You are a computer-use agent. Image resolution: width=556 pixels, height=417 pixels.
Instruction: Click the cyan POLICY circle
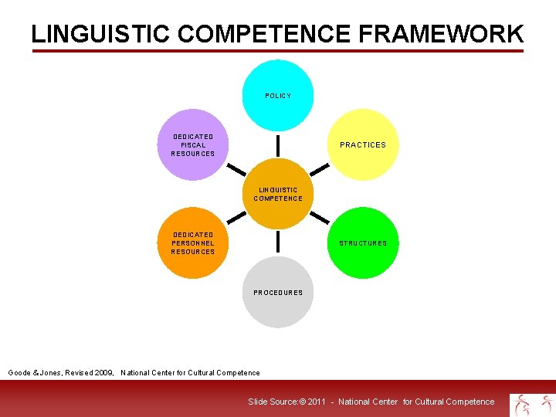278,96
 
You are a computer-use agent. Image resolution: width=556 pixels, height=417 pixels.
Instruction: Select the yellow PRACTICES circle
363,144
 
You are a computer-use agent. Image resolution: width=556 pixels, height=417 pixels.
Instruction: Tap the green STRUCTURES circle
363,243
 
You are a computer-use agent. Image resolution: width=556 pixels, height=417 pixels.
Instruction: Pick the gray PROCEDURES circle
278,293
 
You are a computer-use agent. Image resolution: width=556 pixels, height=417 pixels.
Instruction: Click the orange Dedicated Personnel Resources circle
193,243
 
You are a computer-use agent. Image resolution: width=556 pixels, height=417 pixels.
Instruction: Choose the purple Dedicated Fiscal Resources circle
193,144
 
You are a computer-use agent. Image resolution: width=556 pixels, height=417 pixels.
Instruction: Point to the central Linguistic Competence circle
278,194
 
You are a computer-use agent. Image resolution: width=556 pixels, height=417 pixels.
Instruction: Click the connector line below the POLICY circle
278,144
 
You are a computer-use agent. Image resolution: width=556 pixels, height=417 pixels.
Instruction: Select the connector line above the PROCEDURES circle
278,242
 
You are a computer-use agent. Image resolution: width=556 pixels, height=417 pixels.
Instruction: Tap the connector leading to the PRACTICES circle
321,170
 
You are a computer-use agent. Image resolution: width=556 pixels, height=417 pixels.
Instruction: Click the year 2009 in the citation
103,373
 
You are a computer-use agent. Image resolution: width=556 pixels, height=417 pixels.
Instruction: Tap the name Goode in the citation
19,373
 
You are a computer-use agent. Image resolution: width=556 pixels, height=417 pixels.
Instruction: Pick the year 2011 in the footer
317,402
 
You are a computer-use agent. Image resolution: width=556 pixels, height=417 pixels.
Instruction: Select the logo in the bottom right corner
532,404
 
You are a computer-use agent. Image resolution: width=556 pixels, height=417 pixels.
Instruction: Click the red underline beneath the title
278,52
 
